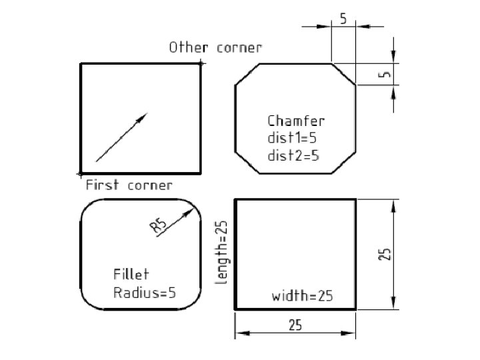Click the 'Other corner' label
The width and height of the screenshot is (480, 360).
[215, 48]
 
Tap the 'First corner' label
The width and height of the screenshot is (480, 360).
[129, 185]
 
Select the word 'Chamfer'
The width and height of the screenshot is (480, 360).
[296, 121]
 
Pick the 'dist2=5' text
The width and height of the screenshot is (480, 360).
[293, 156]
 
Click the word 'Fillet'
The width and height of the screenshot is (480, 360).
[131, 275]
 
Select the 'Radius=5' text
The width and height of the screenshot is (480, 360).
[145, 293]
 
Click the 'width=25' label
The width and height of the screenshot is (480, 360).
[302, 295]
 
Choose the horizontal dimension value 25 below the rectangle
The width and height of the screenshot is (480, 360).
[295, 325]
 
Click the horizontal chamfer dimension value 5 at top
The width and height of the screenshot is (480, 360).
[343, 19]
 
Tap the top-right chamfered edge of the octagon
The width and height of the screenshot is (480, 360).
[343, 74]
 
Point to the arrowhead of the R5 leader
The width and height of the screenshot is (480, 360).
[185, 212]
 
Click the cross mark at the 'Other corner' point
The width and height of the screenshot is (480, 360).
[201, 63]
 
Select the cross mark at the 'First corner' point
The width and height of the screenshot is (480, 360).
[80, 173]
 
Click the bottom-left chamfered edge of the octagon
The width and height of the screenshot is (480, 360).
[246, 162]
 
